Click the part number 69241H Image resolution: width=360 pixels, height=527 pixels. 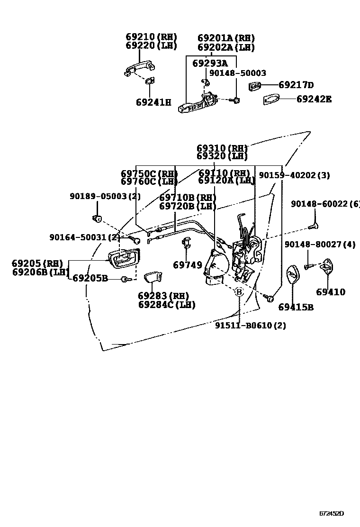pos(153,102)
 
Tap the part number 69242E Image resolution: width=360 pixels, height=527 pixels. pos(314,99)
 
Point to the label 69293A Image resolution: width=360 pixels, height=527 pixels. pos(210,63)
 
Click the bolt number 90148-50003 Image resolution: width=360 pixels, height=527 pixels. pos(238,73)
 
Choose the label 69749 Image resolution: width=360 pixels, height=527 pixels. pos(188,265)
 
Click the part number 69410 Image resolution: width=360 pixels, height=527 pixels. pos(331,292)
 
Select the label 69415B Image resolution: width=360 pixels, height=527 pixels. pos(296,307)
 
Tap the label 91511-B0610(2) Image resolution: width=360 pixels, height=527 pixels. pos(251,326)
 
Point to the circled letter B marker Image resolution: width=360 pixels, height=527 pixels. pos(239,292)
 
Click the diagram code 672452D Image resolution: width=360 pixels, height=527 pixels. pos(331,513)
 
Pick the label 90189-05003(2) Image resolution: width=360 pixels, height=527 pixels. pos(99,196)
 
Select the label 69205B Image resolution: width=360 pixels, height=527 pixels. pos(90,278)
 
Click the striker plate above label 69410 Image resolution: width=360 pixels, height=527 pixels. pos(326,267)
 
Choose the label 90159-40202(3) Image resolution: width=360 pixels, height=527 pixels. pos(294,175)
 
